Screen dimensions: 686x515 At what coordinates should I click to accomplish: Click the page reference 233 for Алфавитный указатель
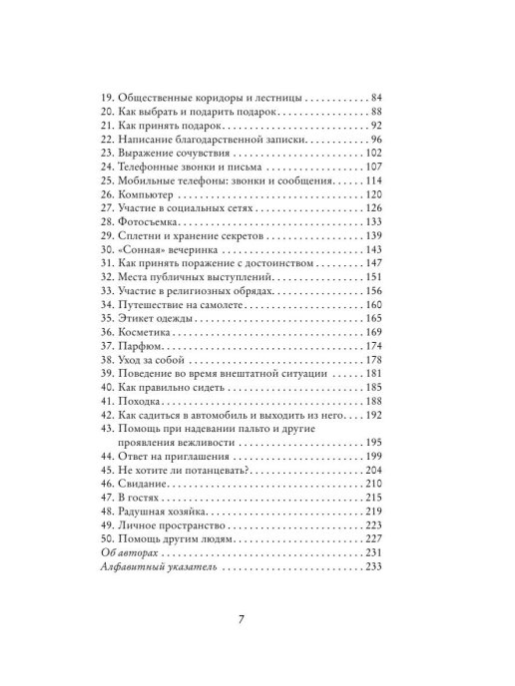tap(373, 566)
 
